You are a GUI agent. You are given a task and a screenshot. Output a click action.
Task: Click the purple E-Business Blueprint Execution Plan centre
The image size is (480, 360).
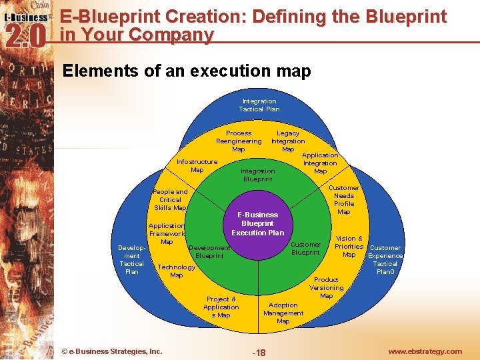tap(258, 224)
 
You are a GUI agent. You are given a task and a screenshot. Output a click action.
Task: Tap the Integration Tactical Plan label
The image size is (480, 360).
tap(259, 105)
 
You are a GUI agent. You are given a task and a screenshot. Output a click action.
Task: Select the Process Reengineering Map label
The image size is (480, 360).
tap(239, 141)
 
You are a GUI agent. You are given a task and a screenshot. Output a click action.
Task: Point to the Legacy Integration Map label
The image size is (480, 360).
tap(288, 141)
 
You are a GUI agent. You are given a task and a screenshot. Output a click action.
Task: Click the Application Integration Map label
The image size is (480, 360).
tap(320, 163)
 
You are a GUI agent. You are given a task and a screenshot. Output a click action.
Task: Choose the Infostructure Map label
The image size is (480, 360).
tap(197, 166)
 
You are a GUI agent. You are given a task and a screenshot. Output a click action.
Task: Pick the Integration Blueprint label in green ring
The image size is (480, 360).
tap(257, 175)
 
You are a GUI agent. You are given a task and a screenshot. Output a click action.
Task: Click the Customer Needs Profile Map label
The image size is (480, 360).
tap(344, 200)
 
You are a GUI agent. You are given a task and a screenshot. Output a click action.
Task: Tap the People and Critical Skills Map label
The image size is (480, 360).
tap(170, 200)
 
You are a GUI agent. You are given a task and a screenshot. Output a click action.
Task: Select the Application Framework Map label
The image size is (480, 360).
tap(167, 234)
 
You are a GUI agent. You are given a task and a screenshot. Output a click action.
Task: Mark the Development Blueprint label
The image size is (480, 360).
tap(209, 252)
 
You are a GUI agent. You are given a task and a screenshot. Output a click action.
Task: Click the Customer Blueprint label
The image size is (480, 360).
tap(306, 249)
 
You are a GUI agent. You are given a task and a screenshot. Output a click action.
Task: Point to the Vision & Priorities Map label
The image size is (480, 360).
tap(349, 247)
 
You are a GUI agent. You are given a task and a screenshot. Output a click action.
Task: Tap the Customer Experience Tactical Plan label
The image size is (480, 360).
tap(385, 260)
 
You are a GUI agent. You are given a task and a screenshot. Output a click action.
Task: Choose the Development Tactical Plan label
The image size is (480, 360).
tap(132, 260)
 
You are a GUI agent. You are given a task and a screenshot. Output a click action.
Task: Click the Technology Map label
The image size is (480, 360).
tap(176, 271)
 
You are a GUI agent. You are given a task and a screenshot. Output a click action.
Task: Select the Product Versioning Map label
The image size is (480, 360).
tap(326, 288)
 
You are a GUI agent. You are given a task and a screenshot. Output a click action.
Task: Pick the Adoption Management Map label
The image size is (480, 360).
tap(283, 313)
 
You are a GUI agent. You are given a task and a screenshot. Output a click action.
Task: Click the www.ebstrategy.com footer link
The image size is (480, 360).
tap(425, 351)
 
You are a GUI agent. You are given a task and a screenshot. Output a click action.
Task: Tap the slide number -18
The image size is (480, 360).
tap(259, 353)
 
